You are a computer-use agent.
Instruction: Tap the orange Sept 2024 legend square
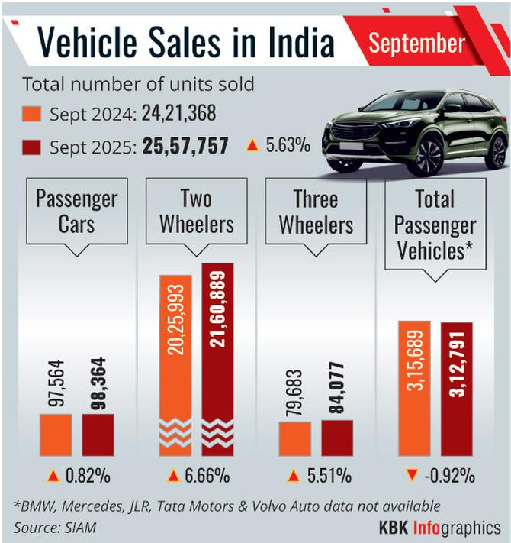click(x=33, y=115)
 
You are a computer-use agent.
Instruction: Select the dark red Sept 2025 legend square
click(x=33, y=145)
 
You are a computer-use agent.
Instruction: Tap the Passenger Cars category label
click(x=76, y=213)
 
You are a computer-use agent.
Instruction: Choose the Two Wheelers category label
click(x=196, y=213)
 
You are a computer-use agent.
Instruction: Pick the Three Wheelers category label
click(x=316, y=213)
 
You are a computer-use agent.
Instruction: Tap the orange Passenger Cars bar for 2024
click(x=56, y=435)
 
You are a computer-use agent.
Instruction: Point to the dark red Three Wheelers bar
click(x=336, y=438)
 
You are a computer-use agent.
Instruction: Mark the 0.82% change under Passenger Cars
click(x=88, y=476)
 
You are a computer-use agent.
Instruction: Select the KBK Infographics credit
click(x=439, y=527)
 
